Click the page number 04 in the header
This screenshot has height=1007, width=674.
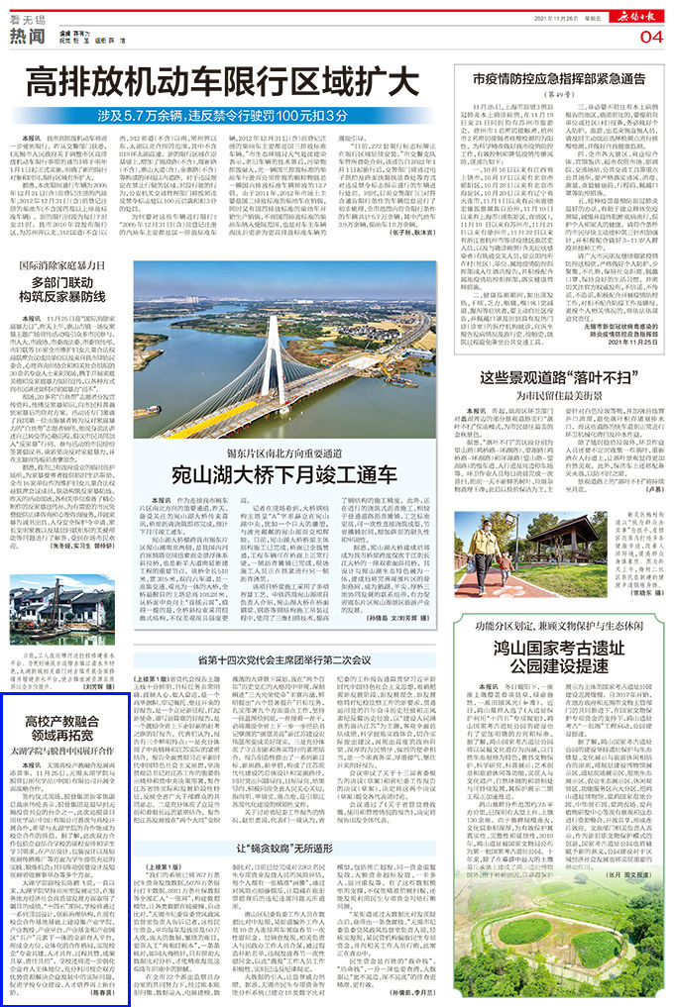pos(650,37)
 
